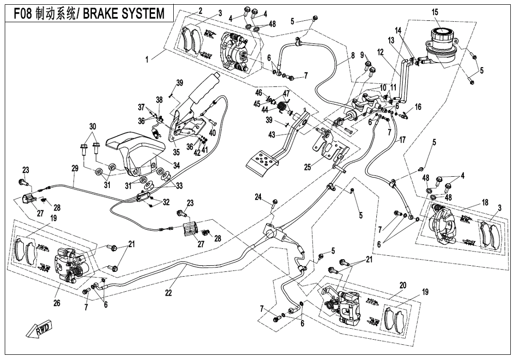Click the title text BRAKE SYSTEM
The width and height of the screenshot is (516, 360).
(124, 14)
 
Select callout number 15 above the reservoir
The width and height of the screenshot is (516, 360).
(435, 12)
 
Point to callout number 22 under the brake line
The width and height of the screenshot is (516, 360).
(168, 292)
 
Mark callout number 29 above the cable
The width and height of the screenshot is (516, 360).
(75, 168)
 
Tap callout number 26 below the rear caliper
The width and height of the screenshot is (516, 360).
(57, 303)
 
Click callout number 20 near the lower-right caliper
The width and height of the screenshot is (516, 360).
(403, 285)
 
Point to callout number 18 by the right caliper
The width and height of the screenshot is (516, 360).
(485, 202)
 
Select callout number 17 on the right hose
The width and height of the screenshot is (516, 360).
(402, 140)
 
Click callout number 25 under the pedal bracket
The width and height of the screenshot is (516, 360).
(307, 168)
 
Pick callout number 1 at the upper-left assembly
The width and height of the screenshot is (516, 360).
(147, 60)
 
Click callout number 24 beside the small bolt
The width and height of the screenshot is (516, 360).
(258, 198)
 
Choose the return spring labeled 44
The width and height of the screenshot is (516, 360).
(282, 107)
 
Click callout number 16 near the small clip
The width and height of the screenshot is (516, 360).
(418, 107)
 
